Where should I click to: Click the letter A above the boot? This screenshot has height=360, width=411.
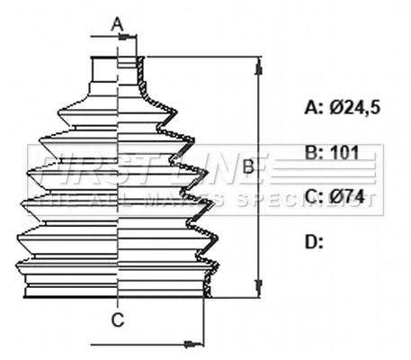tap(117, 24)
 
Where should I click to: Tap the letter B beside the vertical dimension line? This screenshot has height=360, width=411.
tap(246, 167)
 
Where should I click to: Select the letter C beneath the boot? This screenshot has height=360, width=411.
tap(118, 319)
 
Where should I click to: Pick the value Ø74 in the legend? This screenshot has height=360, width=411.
tap(348, 196)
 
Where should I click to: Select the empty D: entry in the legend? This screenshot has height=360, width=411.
tap(315, 240)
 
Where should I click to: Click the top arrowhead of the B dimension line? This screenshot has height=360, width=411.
tap(260, 65)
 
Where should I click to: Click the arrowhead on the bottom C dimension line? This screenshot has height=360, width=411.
tap(191, 343)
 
